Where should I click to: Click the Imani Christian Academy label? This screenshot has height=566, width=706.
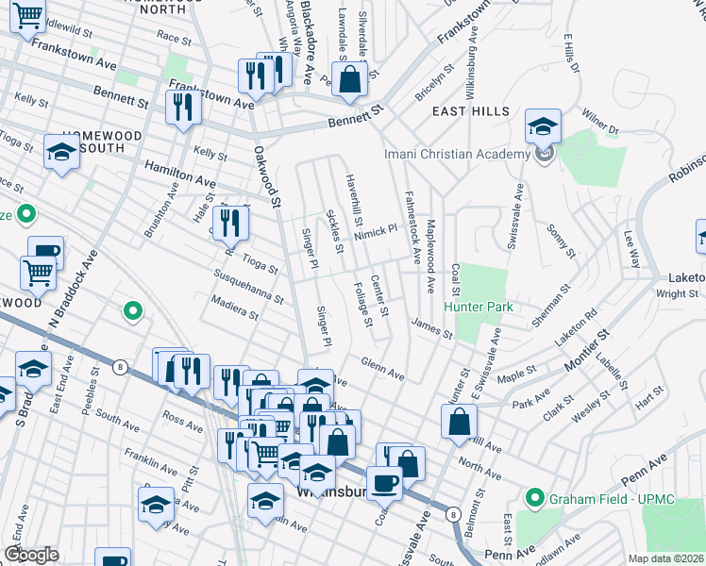[457, 155]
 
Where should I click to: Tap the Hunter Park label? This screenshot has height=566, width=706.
[479, 307]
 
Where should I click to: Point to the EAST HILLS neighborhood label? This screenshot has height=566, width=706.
[463, 111]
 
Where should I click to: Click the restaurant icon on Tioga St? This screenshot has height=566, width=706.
[231, 225]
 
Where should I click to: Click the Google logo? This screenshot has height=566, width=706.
[32, 555]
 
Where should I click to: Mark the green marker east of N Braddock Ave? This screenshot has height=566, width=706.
[133, 309]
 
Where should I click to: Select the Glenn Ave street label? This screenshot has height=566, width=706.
[382, 369]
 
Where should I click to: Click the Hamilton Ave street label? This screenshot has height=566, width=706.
[179, 171]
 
